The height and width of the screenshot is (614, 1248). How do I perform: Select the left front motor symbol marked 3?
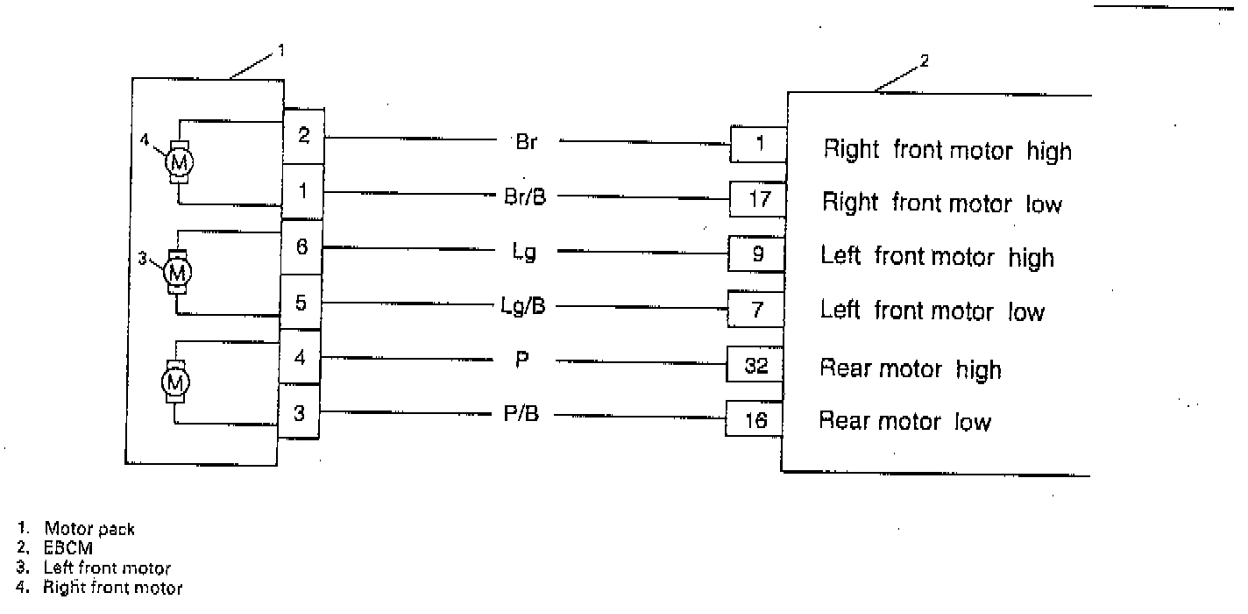pos(178,273)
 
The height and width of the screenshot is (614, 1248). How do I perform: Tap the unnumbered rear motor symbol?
pos(176,382)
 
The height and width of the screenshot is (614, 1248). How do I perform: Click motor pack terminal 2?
pos(303,136)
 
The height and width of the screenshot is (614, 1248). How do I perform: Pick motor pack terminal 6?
pos(301,246)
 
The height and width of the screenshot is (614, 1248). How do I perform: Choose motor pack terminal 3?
pos(299,411)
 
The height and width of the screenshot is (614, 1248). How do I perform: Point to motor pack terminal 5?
pos(301,303)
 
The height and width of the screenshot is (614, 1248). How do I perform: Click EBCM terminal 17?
pos(759,199)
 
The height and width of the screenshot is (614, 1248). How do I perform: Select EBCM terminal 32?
pos(755,366)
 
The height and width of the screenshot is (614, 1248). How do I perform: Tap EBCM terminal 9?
pos(758,254)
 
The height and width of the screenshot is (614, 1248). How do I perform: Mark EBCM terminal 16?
pos(755,421)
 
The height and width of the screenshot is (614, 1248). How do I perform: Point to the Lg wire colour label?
pos(524,252)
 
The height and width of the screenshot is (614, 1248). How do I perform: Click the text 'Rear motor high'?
pos(910,368)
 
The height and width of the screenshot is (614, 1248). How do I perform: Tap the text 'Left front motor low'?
pos(932,311)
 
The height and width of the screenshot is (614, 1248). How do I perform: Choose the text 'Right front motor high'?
pos(947,150)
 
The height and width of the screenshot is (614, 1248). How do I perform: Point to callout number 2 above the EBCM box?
pos(924,61)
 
